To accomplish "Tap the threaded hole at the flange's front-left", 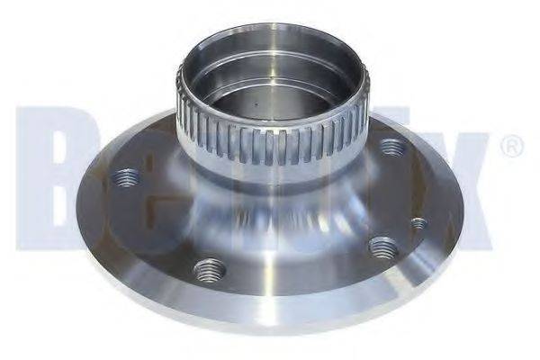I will click(x=208, y=268).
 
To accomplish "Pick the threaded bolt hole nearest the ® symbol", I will click(x=391, y=147).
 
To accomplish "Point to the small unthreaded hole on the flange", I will click(x=417, y=223).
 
